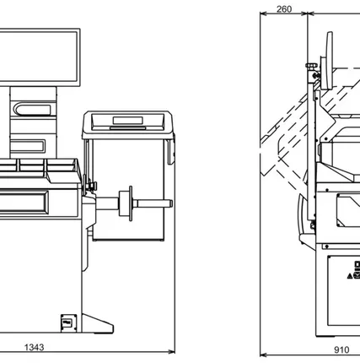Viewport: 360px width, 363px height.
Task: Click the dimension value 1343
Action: point(35,347)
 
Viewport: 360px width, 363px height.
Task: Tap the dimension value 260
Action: point(284,9)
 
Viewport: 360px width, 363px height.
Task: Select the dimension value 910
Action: point(341,349)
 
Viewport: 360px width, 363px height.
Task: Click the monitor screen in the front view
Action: point(39,57)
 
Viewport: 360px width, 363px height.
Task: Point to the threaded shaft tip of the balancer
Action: point(170,203)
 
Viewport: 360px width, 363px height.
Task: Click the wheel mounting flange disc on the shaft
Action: point(131,203)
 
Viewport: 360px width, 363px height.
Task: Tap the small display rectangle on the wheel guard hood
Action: point(128,121)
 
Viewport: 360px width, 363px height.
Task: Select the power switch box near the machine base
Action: point(69,323)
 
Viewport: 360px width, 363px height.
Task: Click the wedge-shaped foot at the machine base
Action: point(98,324)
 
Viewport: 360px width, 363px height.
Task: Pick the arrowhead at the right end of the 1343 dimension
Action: point(172,351)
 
